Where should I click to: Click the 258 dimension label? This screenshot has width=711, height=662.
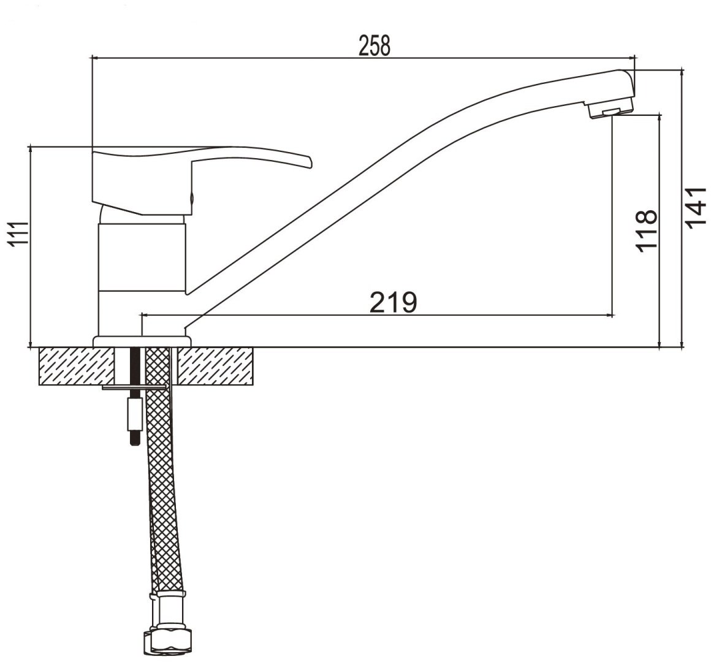(375, 45)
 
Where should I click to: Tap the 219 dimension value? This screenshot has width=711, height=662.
(394, 302)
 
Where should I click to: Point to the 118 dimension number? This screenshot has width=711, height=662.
(646, 230)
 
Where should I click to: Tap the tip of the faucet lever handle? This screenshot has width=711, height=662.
(310, 162)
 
